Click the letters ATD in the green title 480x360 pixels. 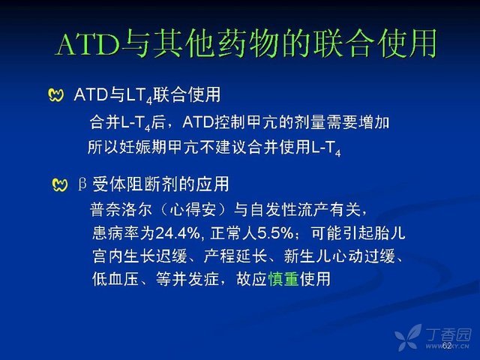point(88,44)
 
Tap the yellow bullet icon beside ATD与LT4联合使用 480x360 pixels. point(56,95)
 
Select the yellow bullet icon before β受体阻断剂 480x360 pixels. point(60,185)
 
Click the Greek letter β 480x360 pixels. point(82,184)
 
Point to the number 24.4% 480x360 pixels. point(178,233)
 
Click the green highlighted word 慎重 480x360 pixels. point(283,279)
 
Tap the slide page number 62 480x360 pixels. point(447,345)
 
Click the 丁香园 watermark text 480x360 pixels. point(448,334)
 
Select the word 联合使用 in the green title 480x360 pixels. point(375,43)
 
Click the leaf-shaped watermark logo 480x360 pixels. point(409,337)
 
